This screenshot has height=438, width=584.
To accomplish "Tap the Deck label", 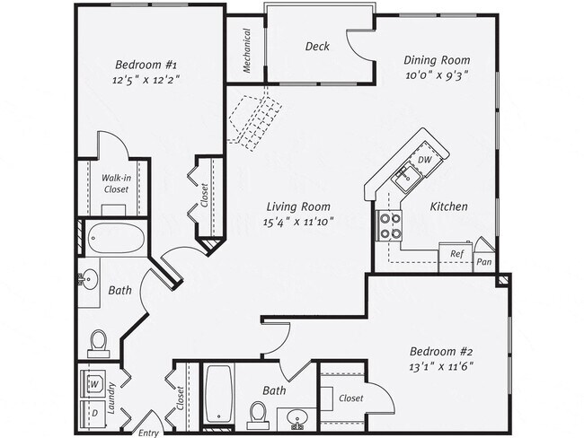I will (316, 47).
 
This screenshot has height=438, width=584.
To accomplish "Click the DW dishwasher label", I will (426, 160).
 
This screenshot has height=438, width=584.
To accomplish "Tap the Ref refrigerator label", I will (456, 255).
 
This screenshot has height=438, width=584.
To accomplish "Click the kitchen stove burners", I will (390, 225).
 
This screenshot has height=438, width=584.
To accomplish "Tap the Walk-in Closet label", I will (115, 184).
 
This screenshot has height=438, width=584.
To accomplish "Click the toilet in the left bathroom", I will (99, 342).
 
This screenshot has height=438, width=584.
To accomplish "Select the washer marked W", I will (93, 384).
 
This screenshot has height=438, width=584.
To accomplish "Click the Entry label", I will (148, 433).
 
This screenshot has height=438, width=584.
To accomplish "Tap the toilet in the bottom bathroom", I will (259, 415).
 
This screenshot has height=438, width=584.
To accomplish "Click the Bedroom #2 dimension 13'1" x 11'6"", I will (441, 365).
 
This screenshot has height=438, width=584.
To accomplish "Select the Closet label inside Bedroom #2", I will (350, 398).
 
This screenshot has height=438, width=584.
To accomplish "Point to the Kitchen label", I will (448, 206).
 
